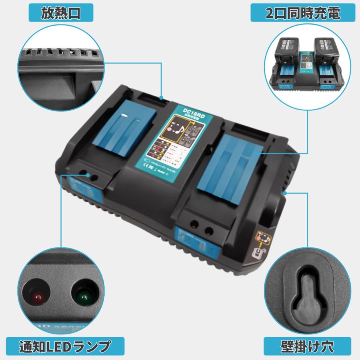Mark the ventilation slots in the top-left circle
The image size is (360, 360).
coord(60,52)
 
